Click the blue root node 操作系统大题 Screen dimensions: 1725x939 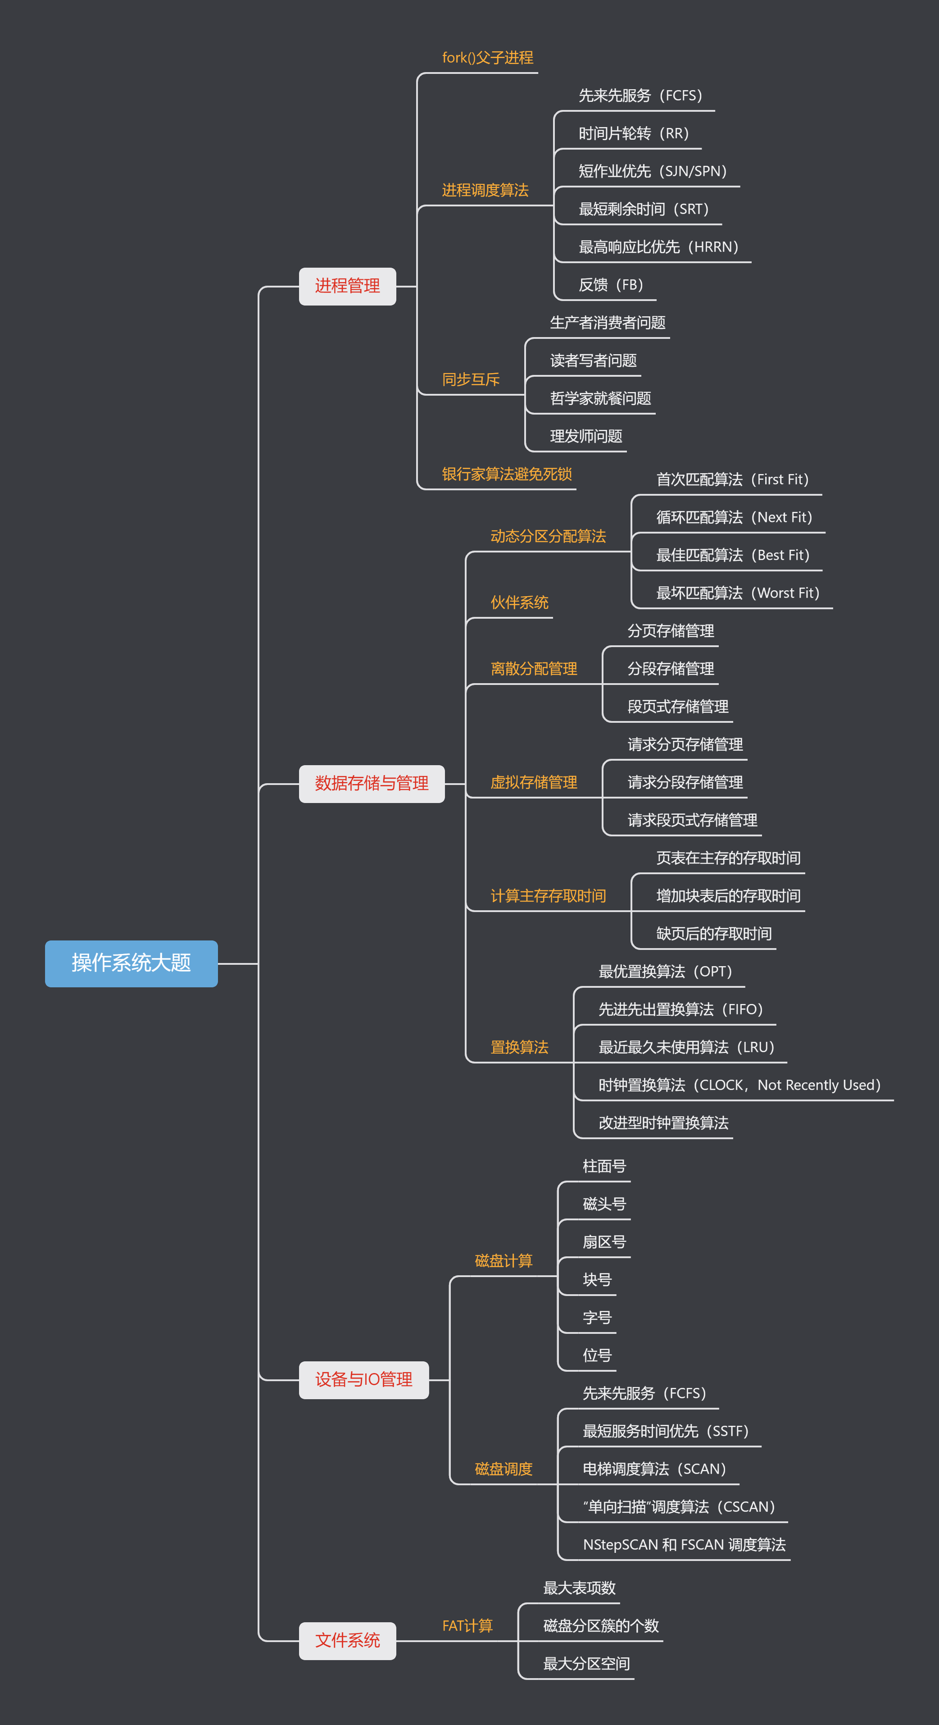tap(131, 963)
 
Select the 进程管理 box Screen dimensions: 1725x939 tap(347, 286)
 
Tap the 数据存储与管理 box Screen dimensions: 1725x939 tap(372, 783)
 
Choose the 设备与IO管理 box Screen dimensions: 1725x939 tap(363, 1379)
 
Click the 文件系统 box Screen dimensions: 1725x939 tap(347, 1640)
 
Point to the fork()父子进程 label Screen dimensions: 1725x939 tap(487, 58)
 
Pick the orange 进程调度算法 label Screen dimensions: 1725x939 tap(485, 190)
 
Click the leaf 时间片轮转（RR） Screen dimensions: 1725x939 tap(633, 134)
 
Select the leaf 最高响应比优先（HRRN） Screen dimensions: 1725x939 tap(658, 247)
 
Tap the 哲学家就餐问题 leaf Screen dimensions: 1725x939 tap(600, 398)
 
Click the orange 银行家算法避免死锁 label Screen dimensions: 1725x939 tap(507, 474)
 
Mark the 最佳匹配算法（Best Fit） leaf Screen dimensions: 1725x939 tap(732, 555)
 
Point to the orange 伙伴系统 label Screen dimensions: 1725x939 tap(519, 602)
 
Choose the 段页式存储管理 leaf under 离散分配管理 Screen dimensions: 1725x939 tap(678, 707)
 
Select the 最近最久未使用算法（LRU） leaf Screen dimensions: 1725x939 tap(686, 1047)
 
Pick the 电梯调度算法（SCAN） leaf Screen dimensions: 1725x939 tap(654, 1469)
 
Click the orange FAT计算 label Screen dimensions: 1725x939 tap(467, 1626)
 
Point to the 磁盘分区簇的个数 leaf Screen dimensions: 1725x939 tap(601, 1626)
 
